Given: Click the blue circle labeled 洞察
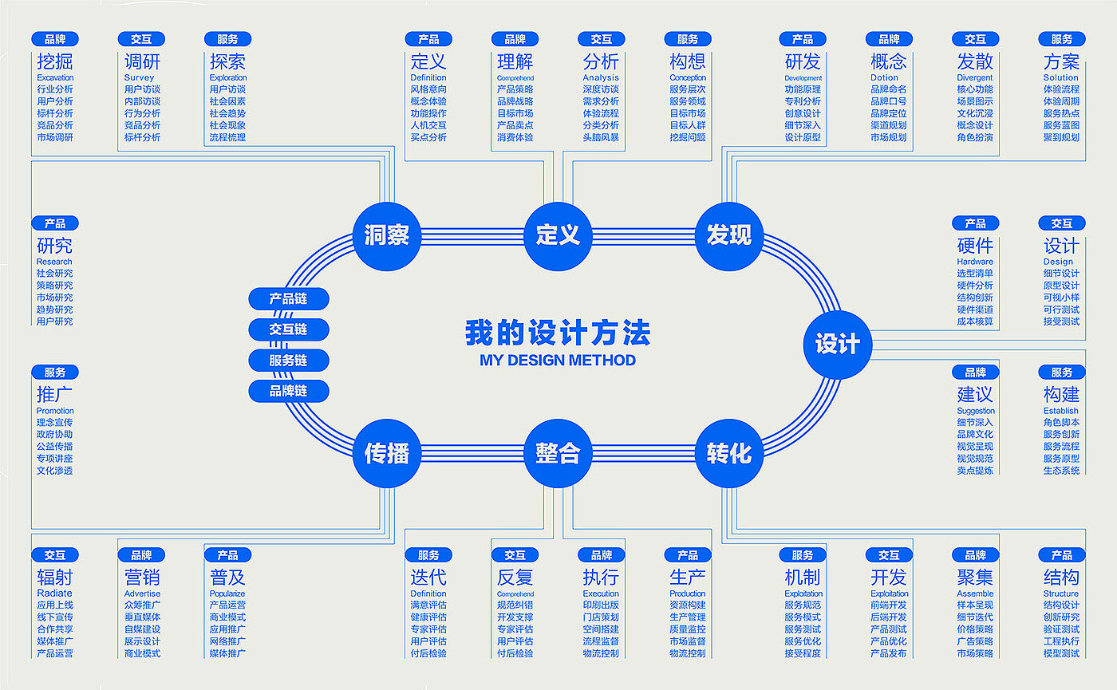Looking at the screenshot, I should (387, 235).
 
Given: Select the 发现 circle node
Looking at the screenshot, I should (728, 235).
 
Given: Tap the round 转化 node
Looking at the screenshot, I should (728, 453).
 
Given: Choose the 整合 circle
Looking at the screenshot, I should (558, 453).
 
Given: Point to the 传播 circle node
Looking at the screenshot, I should (387, 453).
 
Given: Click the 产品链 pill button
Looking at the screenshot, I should (288, 299).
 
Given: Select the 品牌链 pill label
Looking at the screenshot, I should (288, 391).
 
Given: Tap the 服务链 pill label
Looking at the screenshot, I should (288, 361).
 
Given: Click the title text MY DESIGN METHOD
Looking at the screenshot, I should (558, 361).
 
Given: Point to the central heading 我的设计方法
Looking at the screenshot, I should (558, 333).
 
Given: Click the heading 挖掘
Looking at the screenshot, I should (54, 61).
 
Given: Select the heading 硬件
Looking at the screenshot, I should (975, 245).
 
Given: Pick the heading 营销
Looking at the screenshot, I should (141, 577).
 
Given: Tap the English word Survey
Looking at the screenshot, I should (139, 77).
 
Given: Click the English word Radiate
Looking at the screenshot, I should (54, 593).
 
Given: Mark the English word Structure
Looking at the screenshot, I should (1060, 593).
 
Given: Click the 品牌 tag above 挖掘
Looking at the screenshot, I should (55, 39).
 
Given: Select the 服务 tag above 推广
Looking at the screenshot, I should (55, 373).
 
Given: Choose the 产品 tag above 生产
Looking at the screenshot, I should (687, 555).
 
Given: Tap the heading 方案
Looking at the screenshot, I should (1061, 61).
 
